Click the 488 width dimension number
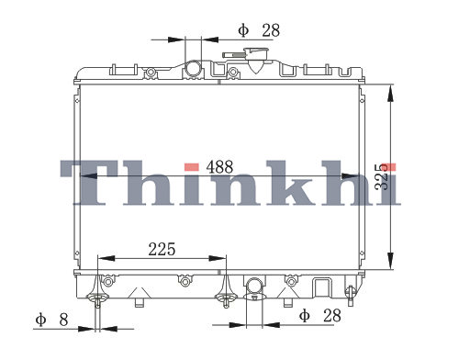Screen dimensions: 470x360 pos(219,167)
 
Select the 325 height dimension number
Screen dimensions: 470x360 pos(383,177)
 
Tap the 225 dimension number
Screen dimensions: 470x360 pos(162,249)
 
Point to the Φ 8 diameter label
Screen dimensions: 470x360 pos(51,320)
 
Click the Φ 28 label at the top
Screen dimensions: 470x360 pos(259,30)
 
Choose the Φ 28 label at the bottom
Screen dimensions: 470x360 pos(320,316)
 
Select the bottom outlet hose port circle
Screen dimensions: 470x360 pos(254,286)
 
